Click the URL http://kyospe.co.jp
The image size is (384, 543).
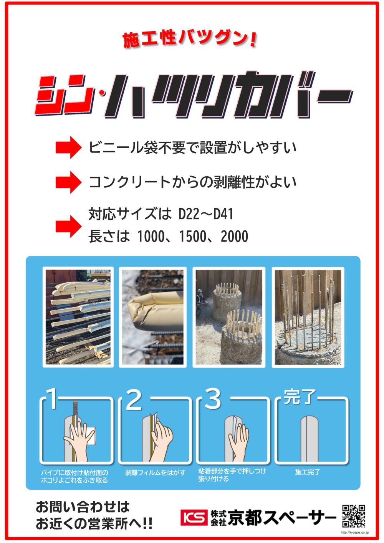tap(355, 532)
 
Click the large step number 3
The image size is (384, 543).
tap(213, 399)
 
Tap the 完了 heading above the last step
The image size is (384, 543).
tap(300, 397)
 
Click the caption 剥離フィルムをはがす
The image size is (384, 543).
tap(155, 472)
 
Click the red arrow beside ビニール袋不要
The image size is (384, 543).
tap(69, 147)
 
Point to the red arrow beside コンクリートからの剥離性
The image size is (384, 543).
tap(69, 182)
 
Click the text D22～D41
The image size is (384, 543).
tap(206, 214)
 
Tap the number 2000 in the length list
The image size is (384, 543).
tap(234, 236)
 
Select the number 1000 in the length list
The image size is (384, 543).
tap(151, 236)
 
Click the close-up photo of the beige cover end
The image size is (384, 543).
tap(153, 317)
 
